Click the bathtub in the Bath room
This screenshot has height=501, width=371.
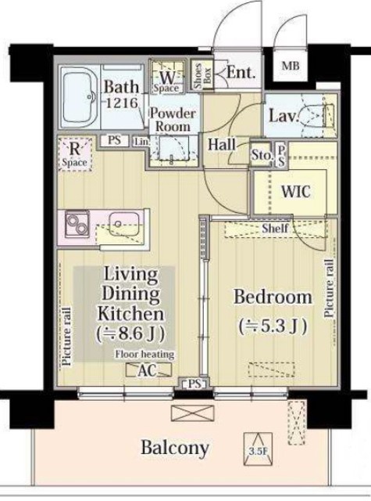[80, 97]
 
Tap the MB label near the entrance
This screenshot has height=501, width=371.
[291, 66]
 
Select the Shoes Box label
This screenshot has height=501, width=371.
[202, 76]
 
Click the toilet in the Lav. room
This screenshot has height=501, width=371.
[316, 115]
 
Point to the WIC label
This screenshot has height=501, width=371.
[295, 191]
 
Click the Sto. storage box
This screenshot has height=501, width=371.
[261, 155]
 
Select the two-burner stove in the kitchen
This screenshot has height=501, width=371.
[77, 224]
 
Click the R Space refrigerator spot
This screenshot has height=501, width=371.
[75, 153]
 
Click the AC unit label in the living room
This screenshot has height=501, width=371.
[148, 370]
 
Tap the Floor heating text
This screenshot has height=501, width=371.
[144, 354]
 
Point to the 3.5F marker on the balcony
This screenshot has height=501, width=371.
[259, 449]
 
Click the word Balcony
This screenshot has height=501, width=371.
[175, 448]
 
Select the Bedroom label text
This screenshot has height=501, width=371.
[273, 297]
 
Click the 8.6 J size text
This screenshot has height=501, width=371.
[131, 334]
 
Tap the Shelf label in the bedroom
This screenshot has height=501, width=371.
[275, 228]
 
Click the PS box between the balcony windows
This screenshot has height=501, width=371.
[194, 384]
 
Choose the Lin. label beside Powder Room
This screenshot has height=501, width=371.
[141, 141]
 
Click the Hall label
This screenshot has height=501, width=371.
[222, 144]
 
